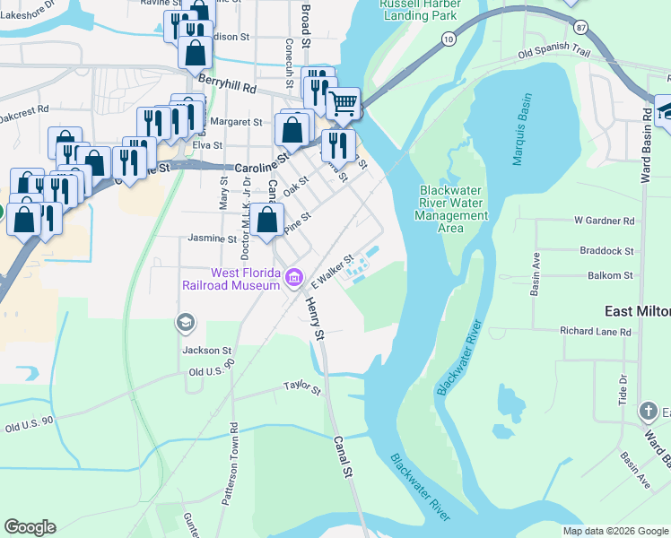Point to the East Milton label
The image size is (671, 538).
(x=637, y=310)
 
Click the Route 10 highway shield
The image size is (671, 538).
(x=449, y=39)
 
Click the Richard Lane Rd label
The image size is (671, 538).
(x=595, y=332)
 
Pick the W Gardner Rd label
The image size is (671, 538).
(x=605, y=221)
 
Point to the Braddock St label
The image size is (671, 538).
(x=606, y=252)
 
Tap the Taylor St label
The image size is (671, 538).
(x=302, y=388)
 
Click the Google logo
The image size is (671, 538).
(x=30, y=527)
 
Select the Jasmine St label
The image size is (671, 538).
(x=212, y=239)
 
